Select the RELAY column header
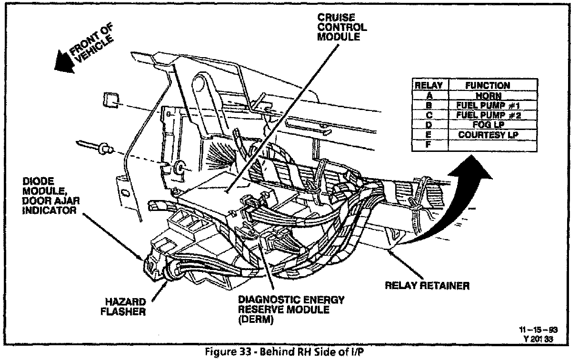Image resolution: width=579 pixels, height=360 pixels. tap(429, 86)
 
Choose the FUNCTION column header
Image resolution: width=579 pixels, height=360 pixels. tap(487, 86)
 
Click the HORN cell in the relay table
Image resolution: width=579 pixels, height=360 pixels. tap(487, 95)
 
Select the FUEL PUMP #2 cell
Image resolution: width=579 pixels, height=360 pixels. tap(487, 115)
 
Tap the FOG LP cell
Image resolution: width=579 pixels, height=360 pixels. tap(487, 125)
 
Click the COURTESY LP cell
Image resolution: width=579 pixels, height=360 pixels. tap(487, 135)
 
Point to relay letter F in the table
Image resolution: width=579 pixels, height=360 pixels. tap(429, 144)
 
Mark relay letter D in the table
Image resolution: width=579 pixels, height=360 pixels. tap(429, 125)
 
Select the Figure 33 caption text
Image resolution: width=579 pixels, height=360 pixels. tap(285, 353)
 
